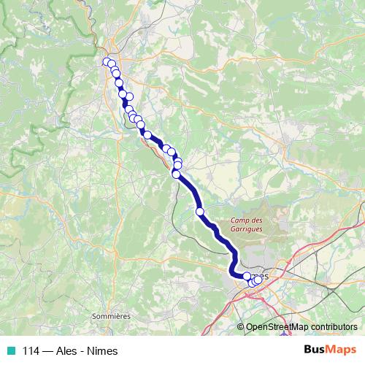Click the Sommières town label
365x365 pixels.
click(111, 316)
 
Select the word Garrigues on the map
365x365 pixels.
click(247, 228)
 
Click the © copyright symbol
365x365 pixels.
click(242, 327)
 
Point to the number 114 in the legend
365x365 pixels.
click(30, 351)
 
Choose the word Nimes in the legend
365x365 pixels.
click(103, 351)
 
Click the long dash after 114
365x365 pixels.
click(46, 351)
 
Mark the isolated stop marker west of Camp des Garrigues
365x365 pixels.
click(200, 212)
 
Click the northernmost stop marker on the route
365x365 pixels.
click(107, 62)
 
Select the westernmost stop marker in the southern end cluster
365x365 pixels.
click(247, 276)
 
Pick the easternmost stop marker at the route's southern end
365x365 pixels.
click(258, 280)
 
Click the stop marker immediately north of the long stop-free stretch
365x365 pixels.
click(176, 174)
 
